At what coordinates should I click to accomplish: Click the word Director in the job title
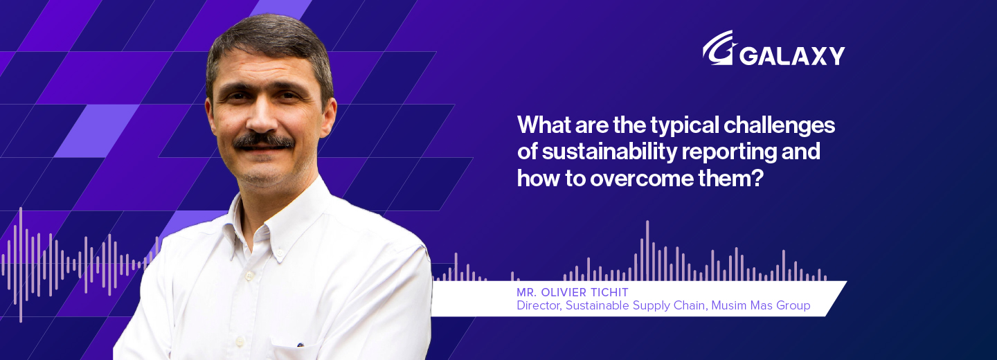pos(538,305)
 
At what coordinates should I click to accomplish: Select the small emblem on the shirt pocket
pos(300,344)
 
